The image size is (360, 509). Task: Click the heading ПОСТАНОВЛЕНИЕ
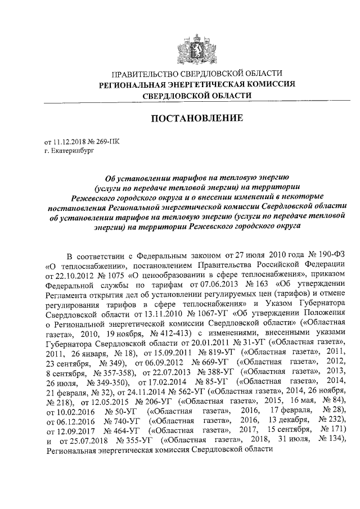point(196,119)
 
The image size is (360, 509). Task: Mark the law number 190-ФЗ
point(331,254)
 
